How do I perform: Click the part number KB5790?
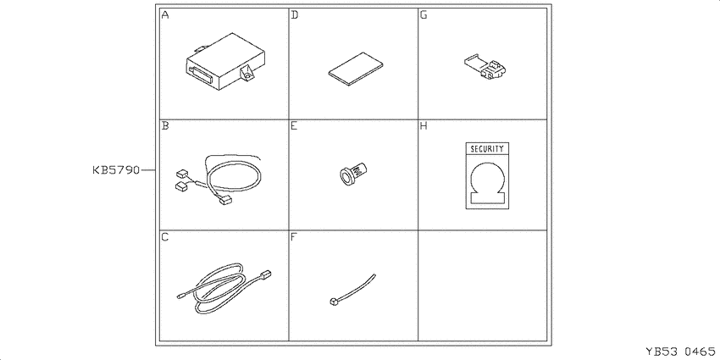tap(116, 170)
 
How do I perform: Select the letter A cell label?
tap(165, 15)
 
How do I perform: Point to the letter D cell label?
tap(294, 15)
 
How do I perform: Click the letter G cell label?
tap(424, 15)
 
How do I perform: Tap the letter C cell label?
tap(165, 237)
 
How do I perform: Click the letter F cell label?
tap(294, 237)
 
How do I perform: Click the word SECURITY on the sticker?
tap(487, 149)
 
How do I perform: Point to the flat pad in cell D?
tap(357, 68)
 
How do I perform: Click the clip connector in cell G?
tap(488, 69)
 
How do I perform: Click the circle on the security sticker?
tap(488, 178)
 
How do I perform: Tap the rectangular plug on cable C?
tap(266, 274)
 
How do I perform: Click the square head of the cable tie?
tap(332, 302)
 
